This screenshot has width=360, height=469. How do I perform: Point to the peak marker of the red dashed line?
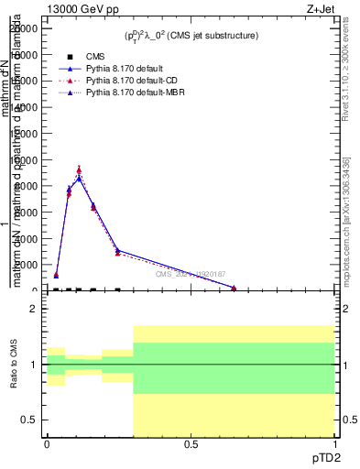(x=79, y=169)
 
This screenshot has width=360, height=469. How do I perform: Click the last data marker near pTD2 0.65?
(x=234, y=289)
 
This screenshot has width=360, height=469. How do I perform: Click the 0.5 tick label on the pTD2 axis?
(x=191, y=444)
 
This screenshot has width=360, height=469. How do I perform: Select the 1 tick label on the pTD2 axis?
(x=333, y=444)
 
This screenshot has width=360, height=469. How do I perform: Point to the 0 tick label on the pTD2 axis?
(x=47, y=444)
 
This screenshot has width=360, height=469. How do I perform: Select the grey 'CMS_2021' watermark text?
(x=190, y=274)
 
